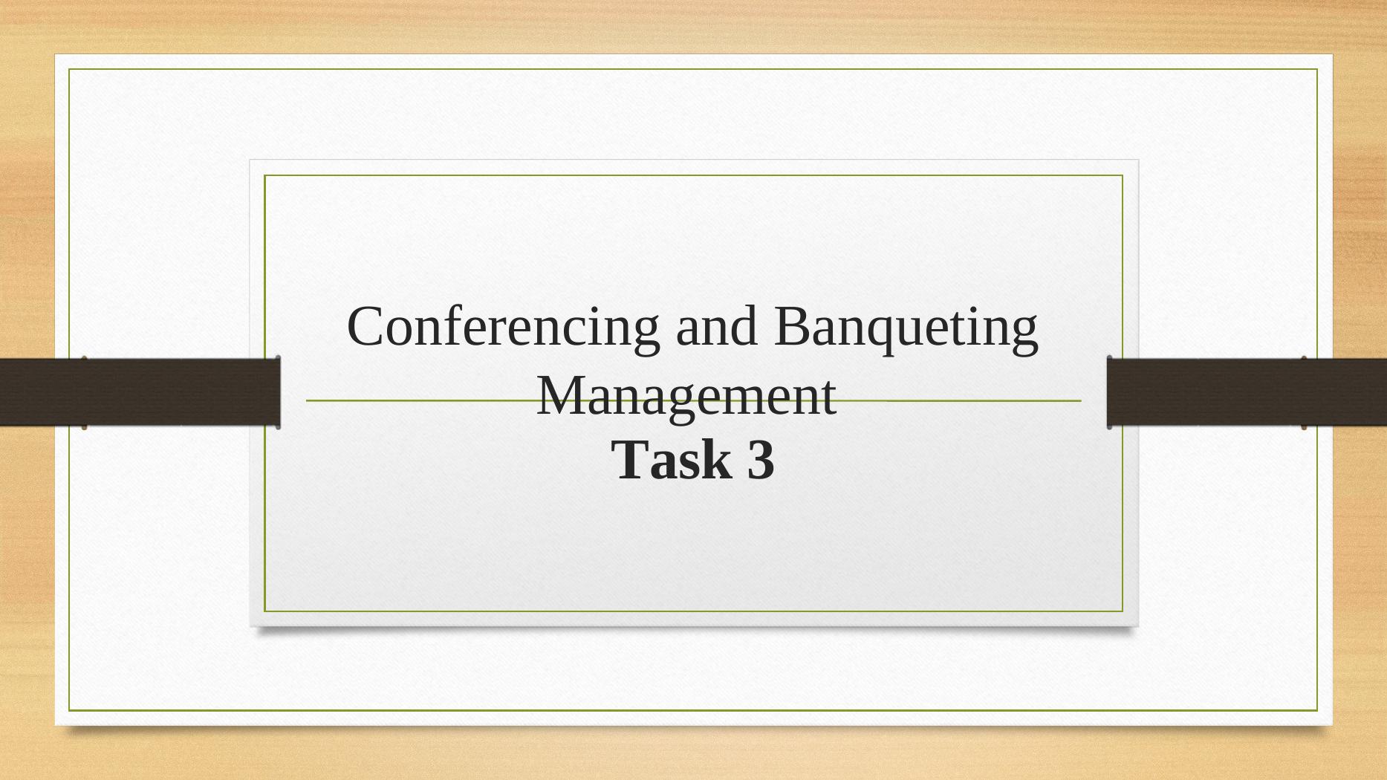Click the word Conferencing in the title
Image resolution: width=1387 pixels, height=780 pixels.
pos(503,328)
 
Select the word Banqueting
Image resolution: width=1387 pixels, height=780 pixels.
pos(906,328)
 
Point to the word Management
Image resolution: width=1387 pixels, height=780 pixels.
pos(686,396)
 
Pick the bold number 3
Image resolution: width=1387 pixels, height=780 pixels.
pos(760,460)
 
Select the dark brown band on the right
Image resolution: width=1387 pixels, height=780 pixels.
pos(1247,391)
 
